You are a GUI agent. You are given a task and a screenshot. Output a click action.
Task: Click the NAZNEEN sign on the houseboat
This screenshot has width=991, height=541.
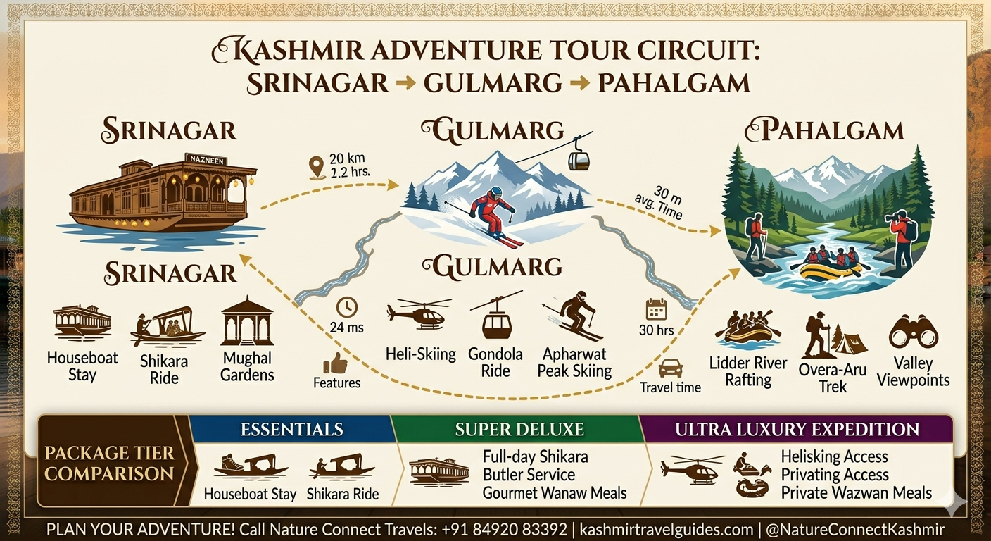point(205,159)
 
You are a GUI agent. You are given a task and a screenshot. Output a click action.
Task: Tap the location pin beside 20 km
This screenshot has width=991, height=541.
point(317,168)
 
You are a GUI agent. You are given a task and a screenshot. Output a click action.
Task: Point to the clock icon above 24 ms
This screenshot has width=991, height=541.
point(346,307)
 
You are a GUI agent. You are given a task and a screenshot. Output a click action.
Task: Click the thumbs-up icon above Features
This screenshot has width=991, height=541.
point(336,363)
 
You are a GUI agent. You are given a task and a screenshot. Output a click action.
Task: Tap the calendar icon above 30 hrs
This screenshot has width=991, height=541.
point(656,309)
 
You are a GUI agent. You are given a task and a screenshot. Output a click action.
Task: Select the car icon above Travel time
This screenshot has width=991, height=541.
point(670,368)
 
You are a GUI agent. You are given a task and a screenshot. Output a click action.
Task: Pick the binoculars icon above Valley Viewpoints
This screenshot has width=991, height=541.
point(913,332)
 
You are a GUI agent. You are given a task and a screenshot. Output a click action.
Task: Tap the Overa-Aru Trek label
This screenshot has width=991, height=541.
point(833,378)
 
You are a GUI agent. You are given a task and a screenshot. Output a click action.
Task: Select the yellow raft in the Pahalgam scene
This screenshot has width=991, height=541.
point(831,270)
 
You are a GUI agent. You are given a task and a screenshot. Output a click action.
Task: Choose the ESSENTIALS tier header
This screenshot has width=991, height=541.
point(291,429)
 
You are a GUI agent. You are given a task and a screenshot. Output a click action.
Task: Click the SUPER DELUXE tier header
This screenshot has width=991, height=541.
point(519,429)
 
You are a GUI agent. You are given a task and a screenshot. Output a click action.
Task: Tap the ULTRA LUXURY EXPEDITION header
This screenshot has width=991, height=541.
point(797,429)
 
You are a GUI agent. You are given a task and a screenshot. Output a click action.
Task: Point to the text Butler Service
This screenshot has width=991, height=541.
point(529,475)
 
